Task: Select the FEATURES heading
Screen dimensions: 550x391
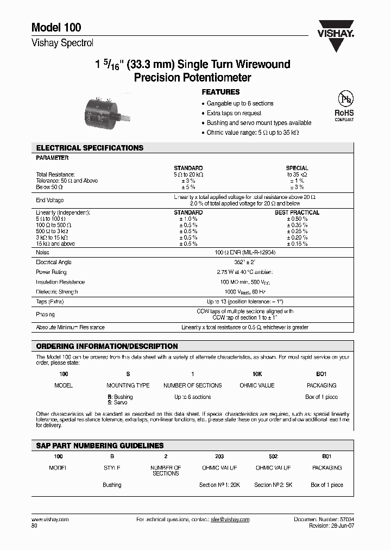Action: (x=220, y=92)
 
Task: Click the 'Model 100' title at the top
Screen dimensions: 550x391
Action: (x=56, y=28)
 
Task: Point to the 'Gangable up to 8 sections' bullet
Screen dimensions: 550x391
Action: (x=239, y=103)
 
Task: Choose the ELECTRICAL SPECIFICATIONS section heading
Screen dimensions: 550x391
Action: (x=90, y=148)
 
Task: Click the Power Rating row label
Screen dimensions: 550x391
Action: (x=51, y=272)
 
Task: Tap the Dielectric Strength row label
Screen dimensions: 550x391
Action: (x=57, y=292)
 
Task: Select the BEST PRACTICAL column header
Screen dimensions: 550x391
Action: (x=297, y=212)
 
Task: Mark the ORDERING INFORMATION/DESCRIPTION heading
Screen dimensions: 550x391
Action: (x=107, y=346)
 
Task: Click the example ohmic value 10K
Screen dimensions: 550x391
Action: (x=257, y=374)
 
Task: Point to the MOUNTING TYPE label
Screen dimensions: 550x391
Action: (x=128, y=385)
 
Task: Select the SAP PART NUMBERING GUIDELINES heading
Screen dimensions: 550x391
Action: (x=100, y=446)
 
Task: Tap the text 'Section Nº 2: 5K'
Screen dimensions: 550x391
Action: (x=273, y=485)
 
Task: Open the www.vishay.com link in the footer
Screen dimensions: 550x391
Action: (x=51, y=520)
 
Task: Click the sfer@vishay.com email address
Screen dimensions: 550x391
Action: (x=230, y=520)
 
